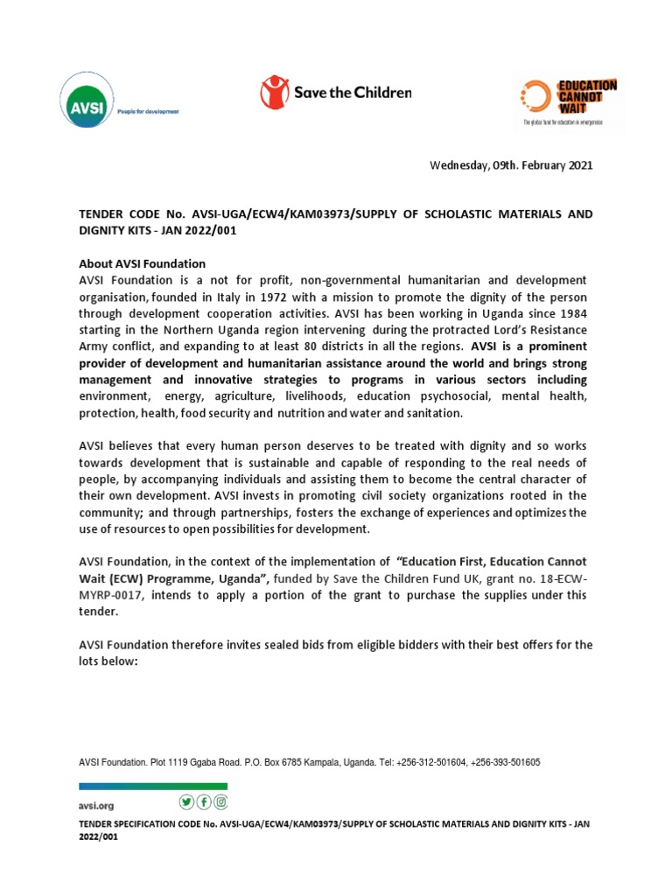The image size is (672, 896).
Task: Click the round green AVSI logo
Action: (x=82, y=100)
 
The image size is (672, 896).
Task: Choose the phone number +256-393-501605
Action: (x=505, y=763)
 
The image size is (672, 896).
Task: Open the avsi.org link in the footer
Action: (x=96, y=805)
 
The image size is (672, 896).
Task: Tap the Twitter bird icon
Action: (x=185, y=802)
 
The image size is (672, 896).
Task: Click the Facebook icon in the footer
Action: (x=204, y=802)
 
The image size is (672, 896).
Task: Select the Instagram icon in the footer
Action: (x=221, y=802)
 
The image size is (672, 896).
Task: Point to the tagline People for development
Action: (x=149, y=112)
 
